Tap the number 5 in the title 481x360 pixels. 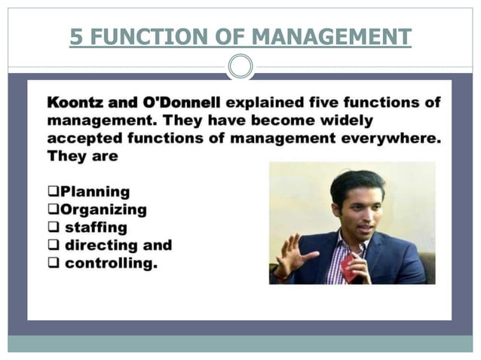[75, 36]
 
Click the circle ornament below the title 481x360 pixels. [240, 67]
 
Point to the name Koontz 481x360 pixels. [78, 102]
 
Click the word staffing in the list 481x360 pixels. [96, 227]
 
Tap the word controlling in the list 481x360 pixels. [111, 264]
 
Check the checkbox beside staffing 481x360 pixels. [54, 227]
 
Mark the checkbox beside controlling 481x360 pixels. [54, 264]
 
